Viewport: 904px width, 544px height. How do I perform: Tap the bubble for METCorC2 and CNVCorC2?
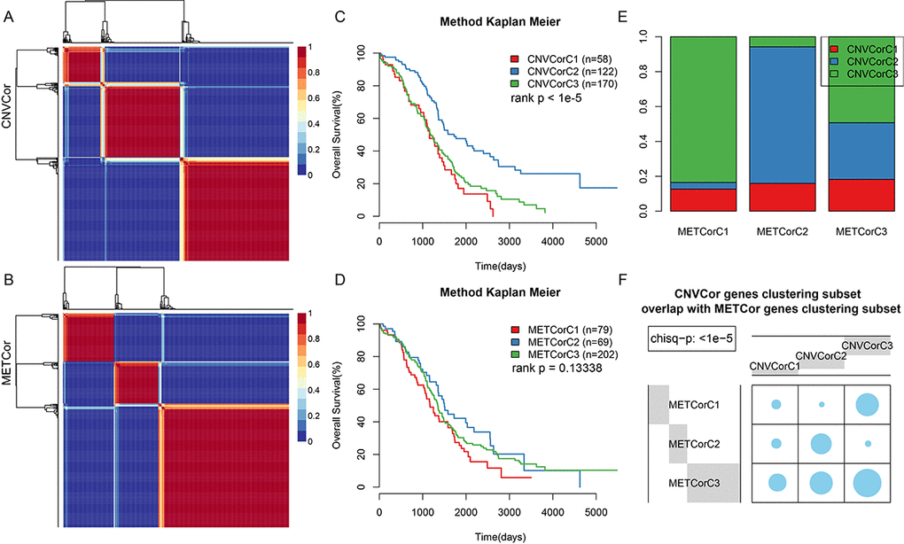click(x=822, y=443)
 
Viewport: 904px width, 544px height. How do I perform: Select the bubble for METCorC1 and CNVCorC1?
click(x=775, y=405)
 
